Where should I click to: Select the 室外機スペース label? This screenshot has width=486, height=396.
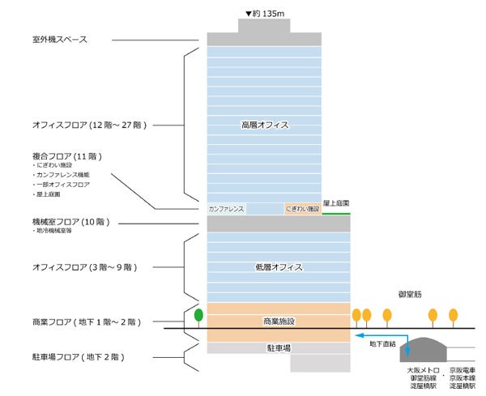[54, 40]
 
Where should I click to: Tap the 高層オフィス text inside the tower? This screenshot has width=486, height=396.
[265, 126]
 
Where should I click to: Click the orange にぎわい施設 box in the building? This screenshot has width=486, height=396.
[302, 209]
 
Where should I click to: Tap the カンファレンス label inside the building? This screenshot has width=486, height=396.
[227, 209]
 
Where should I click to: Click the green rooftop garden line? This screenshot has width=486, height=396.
[336, 214]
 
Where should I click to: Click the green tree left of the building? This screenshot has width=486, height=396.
[198, 315]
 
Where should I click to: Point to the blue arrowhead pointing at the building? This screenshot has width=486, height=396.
[357, 333]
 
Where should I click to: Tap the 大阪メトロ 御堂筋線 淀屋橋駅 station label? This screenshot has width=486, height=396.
[421, 377]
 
